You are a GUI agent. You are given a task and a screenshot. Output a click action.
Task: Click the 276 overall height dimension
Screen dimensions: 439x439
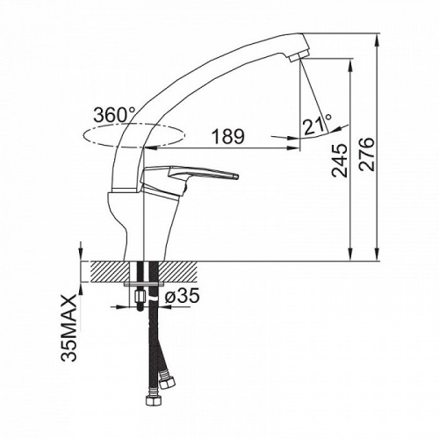367,154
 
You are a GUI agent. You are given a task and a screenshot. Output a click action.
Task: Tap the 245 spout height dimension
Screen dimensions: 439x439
340,161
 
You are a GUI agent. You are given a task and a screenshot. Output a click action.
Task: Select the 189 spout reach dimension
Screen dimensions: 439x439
227,136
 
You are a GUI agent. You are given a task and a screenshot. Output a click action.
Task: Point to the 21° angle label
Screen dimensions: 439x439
317,125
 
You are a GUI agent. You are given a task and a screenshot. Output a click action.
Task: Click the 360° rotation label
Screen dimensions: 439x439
114,114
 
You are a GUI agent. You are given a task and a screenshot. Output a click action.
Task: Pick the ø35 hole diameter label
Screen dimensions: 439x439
182,296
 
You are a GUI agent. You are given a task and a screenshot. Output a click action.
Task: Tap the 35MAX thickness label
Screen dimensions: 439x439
69,327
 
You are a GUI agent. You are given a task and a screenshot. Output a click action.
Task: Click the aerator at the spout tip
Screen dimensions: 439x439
299,55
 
